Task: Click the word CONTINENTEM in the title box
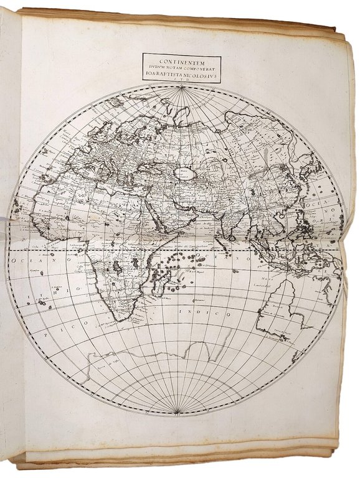[181, 61]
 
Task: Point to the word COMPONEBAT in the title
[198, 68]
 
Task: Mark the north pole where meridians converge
[181, 88]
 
